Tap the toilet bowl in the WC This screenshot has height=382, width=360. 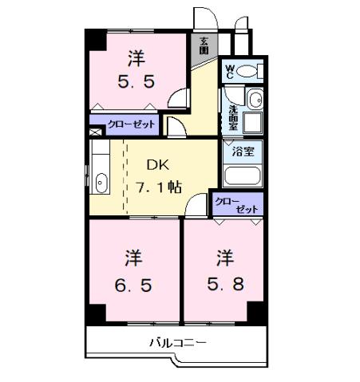[248, 72]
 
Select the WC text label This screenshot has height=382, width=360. [231, 71]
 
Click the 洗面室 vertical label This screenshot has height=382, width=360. [232, 117]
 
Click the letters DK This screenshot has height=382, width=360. [156, 165]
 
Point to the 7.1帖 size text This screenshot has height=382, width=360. [159, 188]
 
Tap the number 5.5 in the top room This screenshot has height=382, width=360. [137, 81]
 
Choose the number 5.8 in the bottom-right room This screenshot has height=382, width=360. [226, 283]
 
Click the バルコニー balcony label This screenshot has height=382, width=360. [178, 344]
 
